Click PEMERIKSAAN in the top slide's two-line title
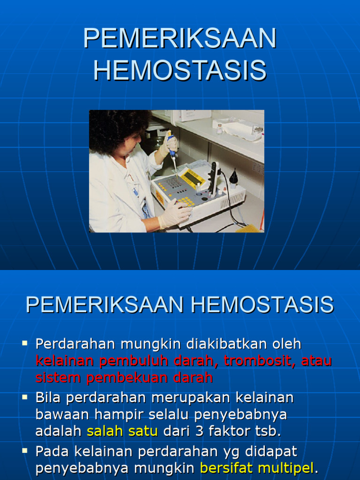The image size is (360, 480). coord(180,38)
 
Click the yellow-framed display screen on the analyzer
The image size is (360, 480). coord(193,177)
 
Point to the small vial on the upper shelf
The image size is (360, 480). coord(219,129)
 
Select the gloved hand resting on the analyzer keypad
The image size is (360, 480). coord(174,213)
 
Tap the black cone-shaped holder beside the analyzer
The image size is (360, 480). coord(233,178)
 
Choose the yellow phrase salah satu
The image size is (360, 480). coord(122,431)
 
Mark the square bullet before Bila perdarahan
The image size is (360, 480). coord(25,397)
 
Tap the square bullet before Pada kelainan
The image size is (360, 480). coord(25,451)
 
